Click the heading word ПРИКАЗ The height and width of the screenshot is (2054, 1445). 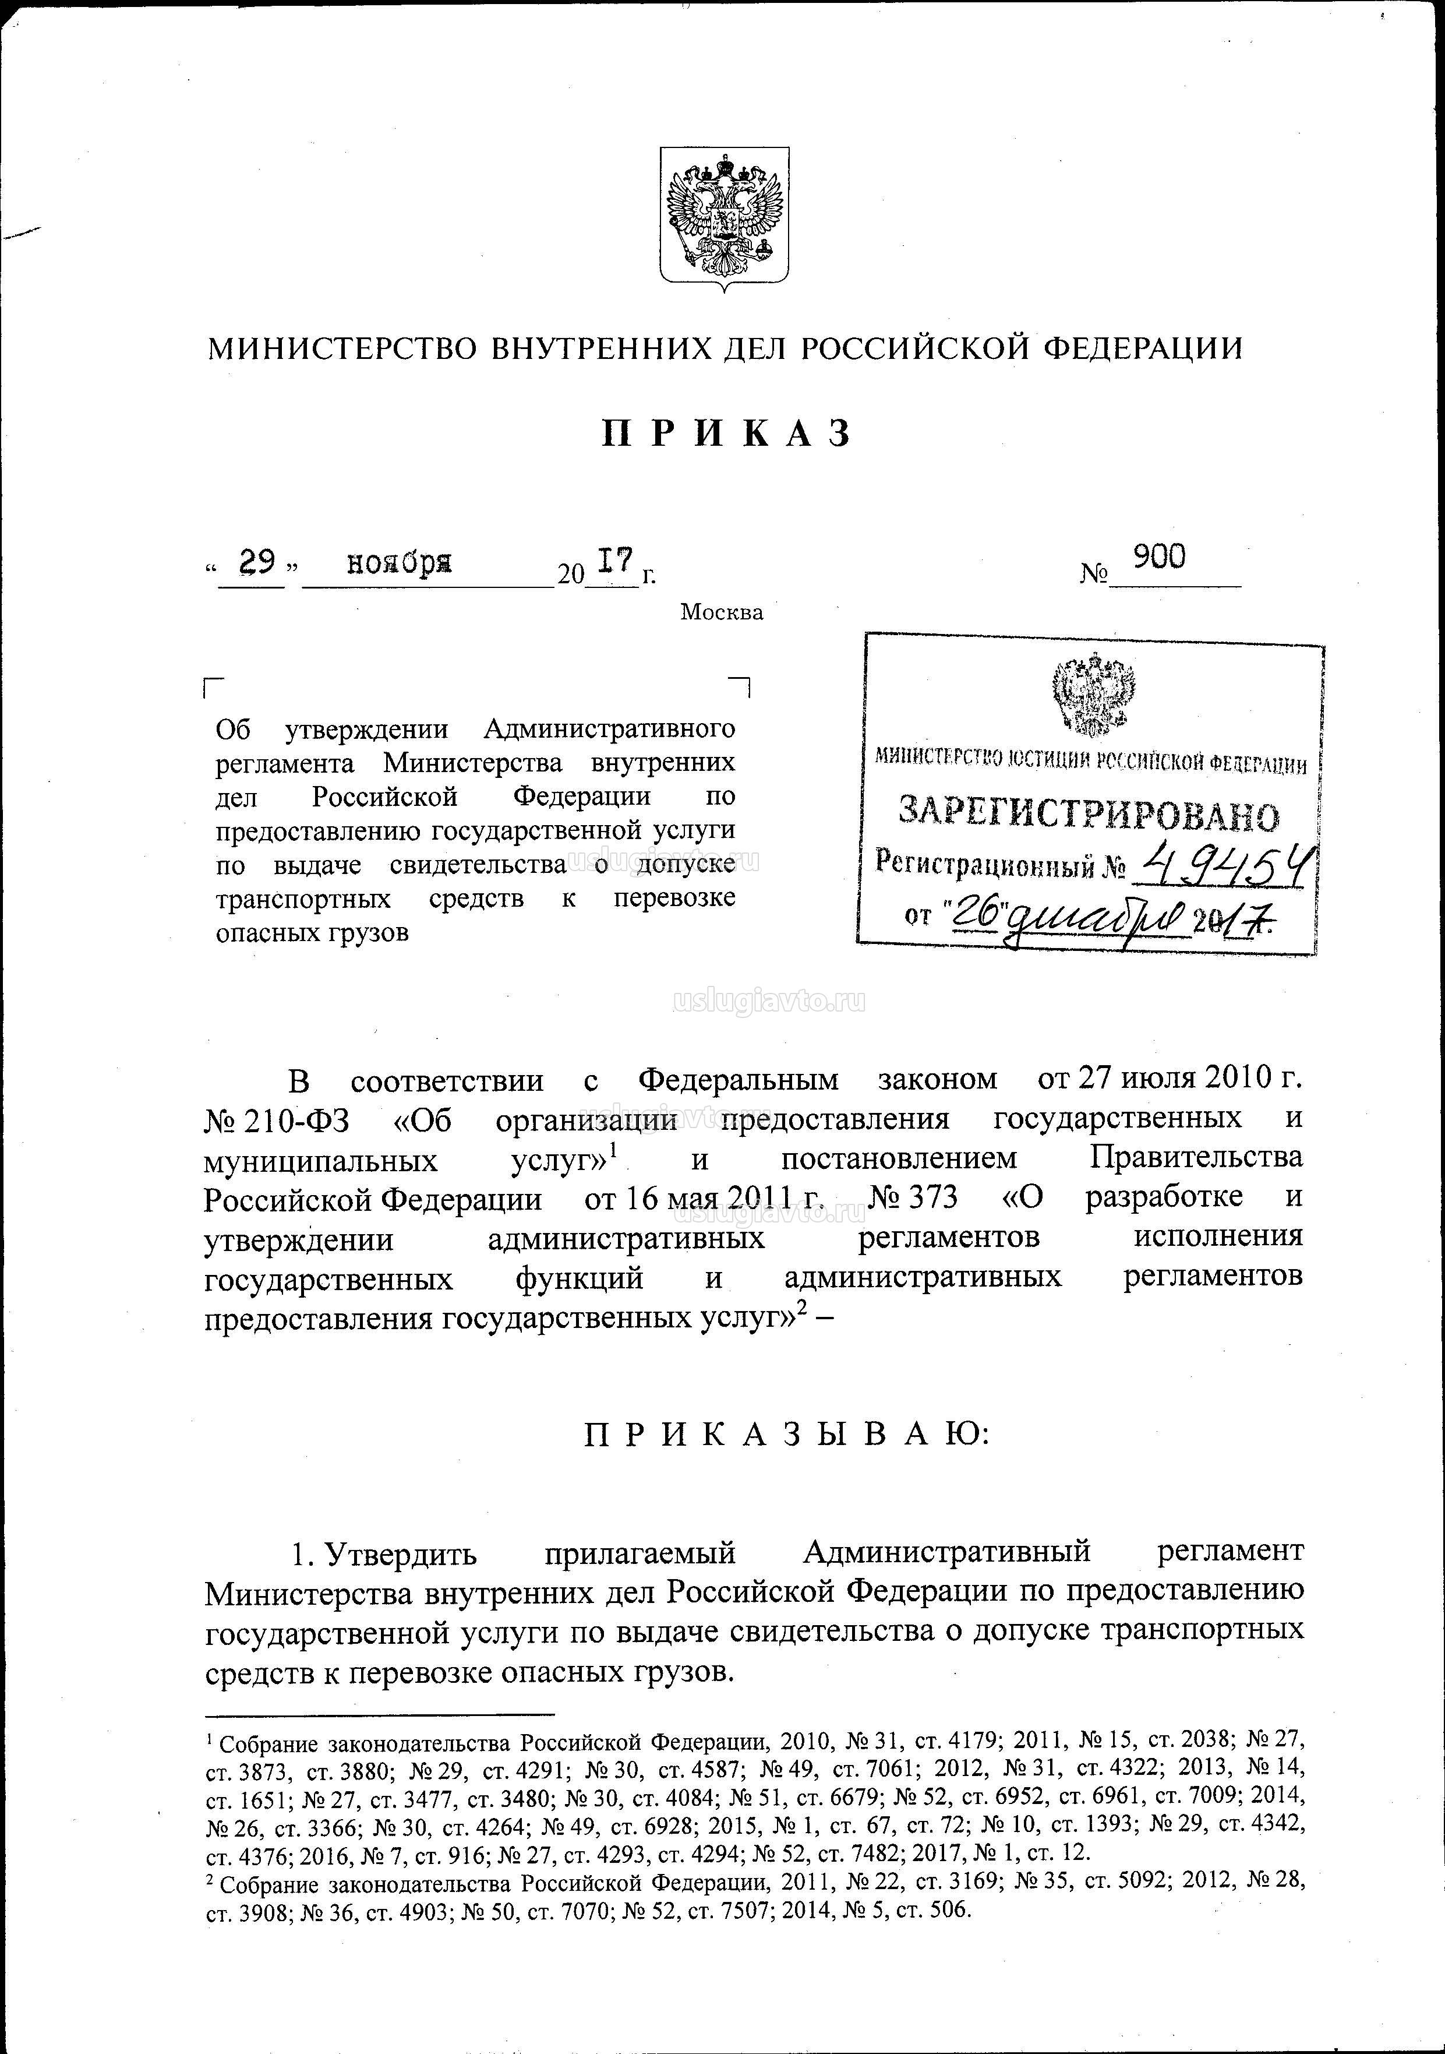pos(725,434)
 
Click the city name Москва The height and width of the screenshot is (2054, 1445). pos(722,613)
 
